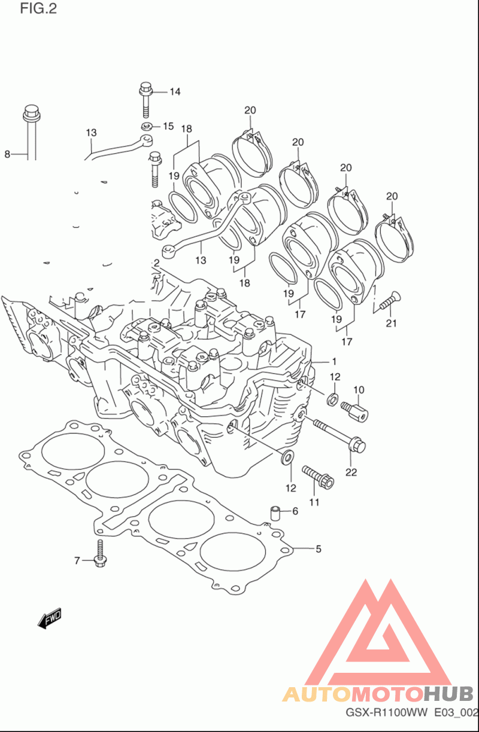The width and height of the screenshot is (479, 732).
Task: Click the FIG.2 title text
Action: (38, 9)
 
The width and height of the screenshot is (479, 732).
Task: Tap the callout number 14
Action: (175, 92)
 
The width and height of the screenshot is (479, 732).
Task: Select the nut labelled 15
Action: (146, 126)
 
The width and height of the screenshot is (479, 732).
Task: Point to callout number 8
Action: (7, 154)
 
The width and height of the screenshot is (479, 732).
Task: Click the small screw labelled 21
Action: (390, 300)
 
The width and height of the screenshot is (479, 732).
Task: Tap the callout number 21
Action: (392, 323)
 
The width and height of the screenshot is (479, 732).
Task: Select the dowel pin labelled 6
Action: (275, 513)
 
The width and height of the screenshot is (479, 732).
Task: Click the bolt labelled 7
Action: (100, 553)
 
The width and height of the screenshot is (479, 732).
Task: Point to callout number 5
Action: (319, 549)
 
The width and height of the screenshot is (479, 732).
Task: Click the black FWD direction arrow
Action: (50, 618)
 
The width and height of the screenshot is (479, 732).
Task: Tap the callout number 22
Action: (351, 472)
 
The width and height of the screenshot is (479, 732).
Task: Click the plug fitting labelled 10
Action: (354, 410)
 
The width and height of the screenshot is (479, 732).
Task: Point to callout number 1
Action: (334, 362)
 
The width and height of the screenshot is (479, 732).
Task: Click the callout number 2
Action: (156, 263)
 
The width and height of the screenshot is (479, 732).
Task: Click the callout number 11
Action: (314, 502)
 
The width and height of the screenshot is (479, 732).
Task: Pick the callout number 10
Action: (359, 390)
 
